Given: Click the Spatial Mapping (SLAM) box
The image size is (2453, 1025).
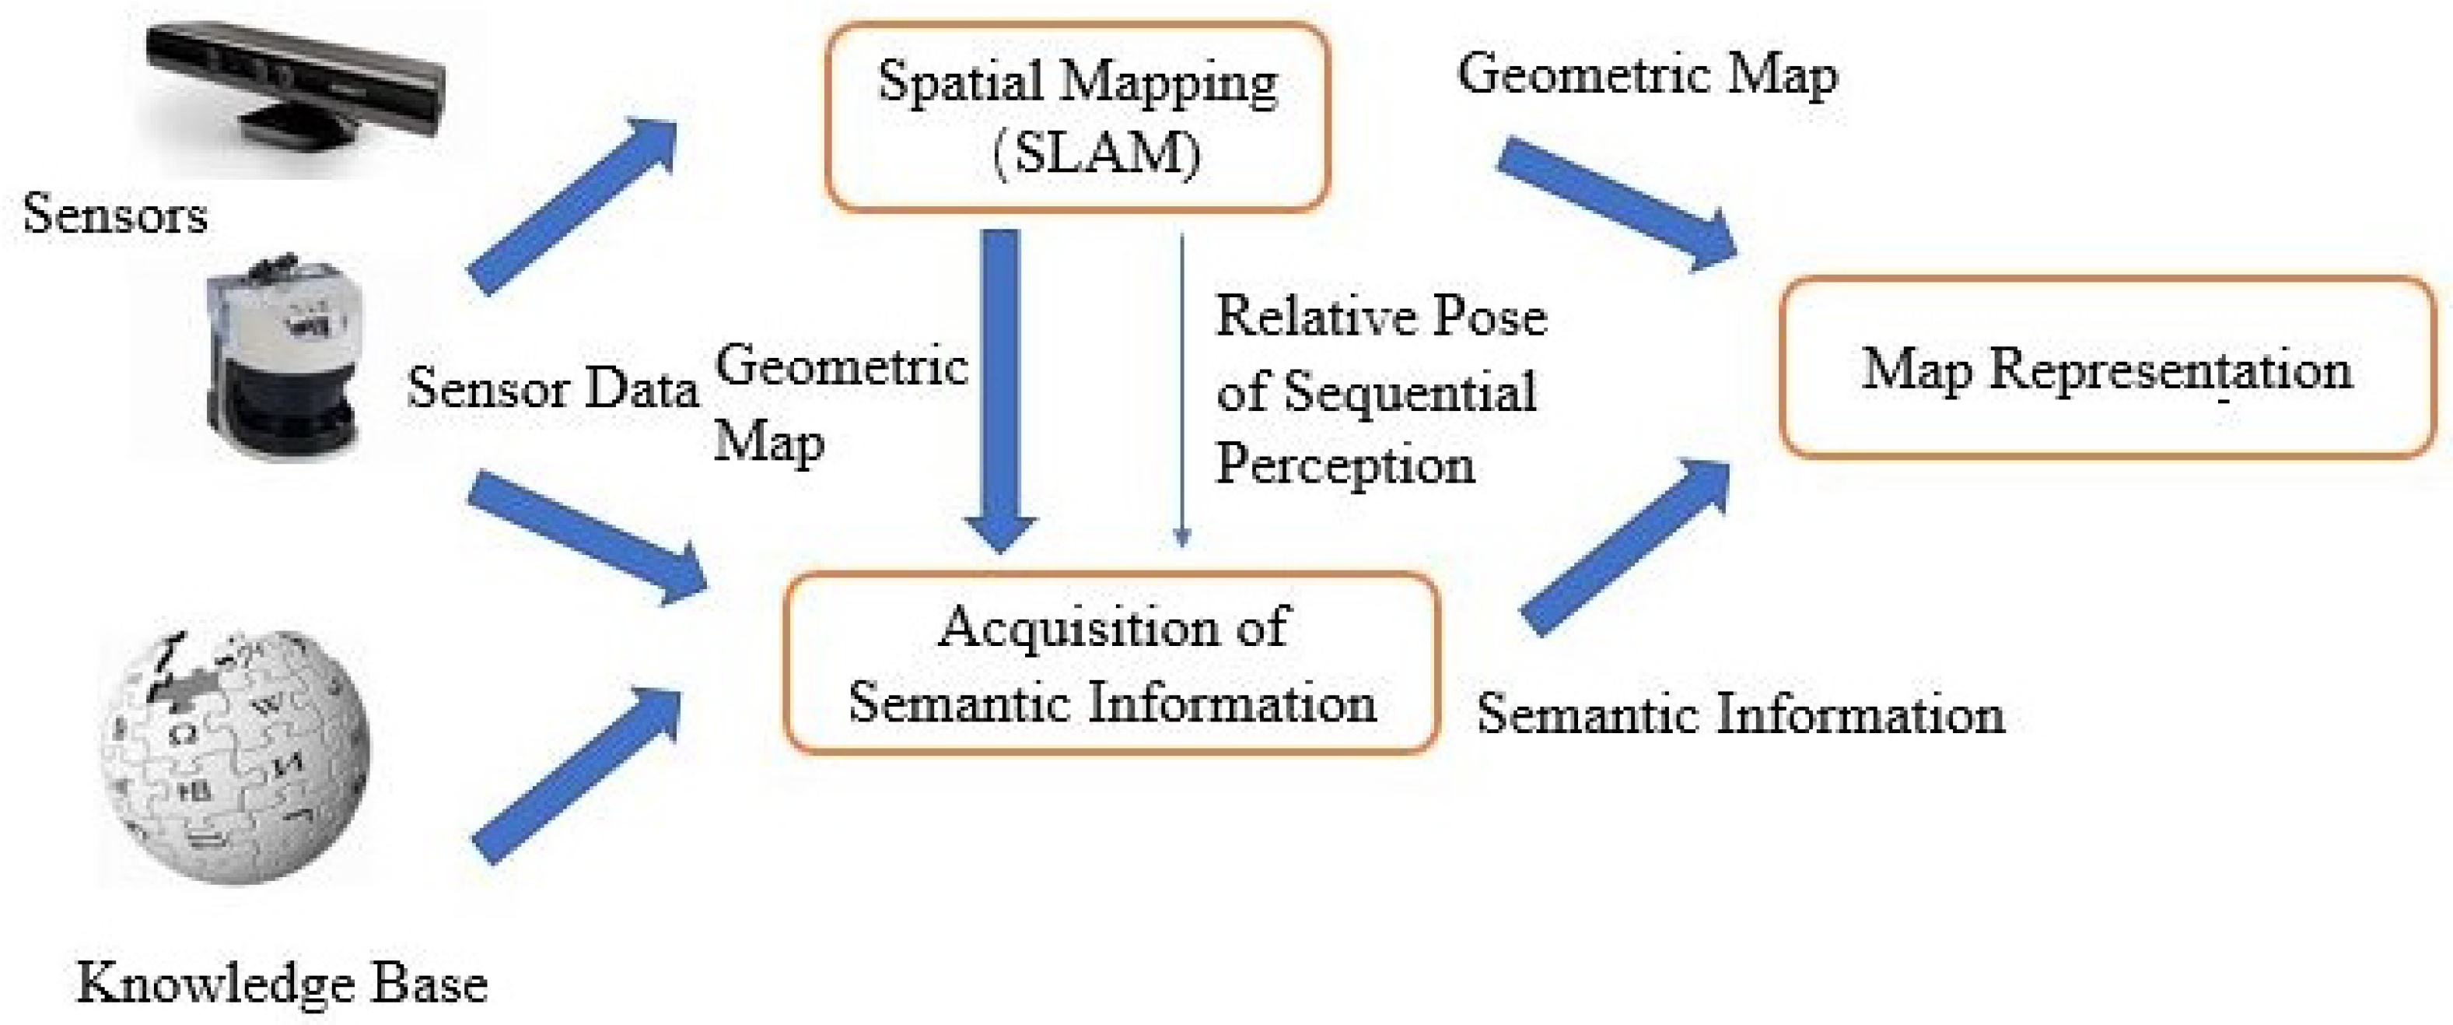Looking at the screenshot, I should [1076, 116].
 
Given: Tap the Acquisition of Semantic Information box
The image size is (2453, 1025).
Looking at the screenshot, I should [1111, 664].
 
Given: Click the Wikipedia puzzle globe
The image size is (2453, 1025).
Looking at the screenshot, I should [234, 757].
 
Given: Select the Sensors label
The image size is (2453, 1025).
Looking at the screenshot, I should [114, 213].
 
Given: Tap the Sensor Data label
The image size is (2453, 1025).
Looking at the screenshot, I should [552, 388].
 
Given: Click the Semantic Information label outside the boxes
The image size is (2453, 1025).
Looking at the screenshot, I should [1741, 714].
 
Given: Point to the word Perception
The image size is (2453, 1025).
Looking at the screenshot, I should [1345, 465].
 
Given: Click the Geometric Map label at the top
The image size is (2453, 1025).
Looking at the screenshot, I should [1647, 74].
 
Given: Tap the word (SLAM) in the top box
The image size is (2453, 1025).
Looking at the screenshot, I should [1097, 153].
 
